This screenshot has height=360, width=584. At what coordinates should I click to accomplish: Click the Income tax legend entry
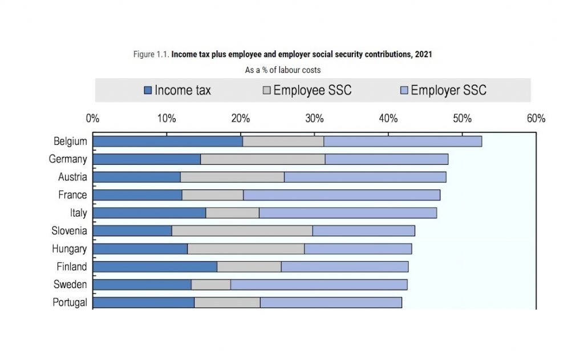[177, 90]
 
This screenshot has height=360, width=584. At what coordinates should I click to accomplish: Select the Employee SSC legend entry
[307, 90]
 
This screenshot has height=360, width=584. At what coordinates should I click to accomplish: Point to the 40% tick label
[388, 119]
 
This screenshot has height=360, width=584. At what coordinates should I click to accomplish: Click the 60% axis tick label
[536, 119]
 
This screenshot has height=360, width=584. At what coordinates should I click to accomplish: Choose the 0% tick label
[92, 119]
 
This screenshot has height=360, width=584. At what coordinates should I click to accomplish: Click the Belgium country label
[70, 141]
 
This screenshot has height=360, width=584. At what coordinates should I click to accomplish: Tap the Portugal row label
[70, 302]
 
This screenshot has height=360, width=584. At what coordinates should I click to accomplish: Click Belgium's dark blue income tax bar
[168, 141]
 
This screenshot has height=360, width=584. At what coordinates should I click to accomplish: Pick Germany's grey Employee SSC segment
[262, 159]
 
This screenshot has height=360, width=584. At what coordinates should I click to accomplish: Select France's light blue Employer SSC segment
[342, 195]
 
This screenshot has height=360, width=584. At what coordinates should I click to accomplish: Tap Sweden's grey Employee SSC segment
[211, 285]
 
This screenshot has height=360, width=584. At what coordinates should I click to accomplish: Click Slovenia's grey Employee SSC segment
[242, 231]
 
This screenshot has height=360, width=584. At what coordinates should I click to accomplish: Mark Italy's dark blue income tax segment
[149, 213]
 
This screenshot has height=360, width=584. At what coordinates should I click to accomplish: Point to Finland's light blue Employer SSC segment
[344, 266]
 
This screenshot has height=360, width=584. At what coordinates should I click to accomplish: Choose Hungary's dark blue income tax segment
[140, 249]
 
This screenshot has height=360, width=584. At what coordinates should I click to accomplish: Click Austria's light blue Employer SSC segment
[365, 177]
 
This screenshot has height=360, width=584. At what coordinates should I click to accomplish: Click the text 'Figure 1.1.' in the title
[151, 54]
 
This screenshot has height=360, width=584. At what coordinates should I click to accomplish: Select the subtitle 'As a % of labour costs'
[283, 70]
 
